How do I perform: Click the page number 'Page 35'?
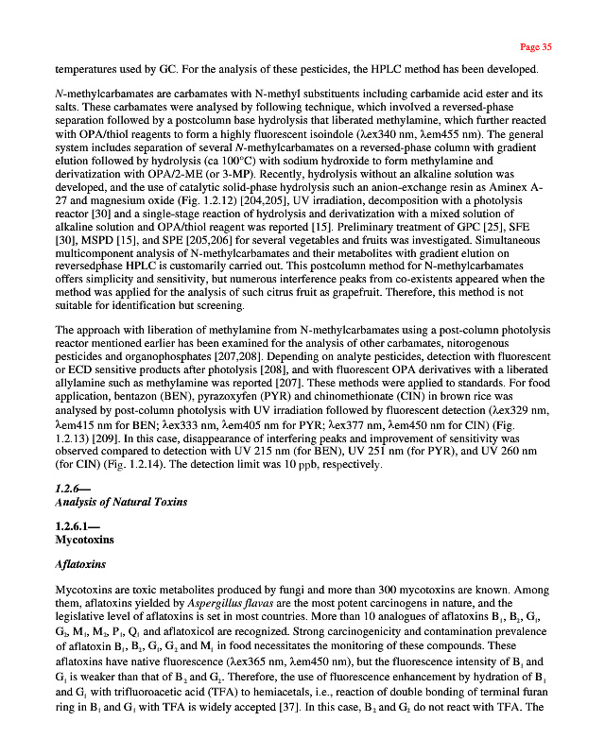(x=536, y=46)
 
